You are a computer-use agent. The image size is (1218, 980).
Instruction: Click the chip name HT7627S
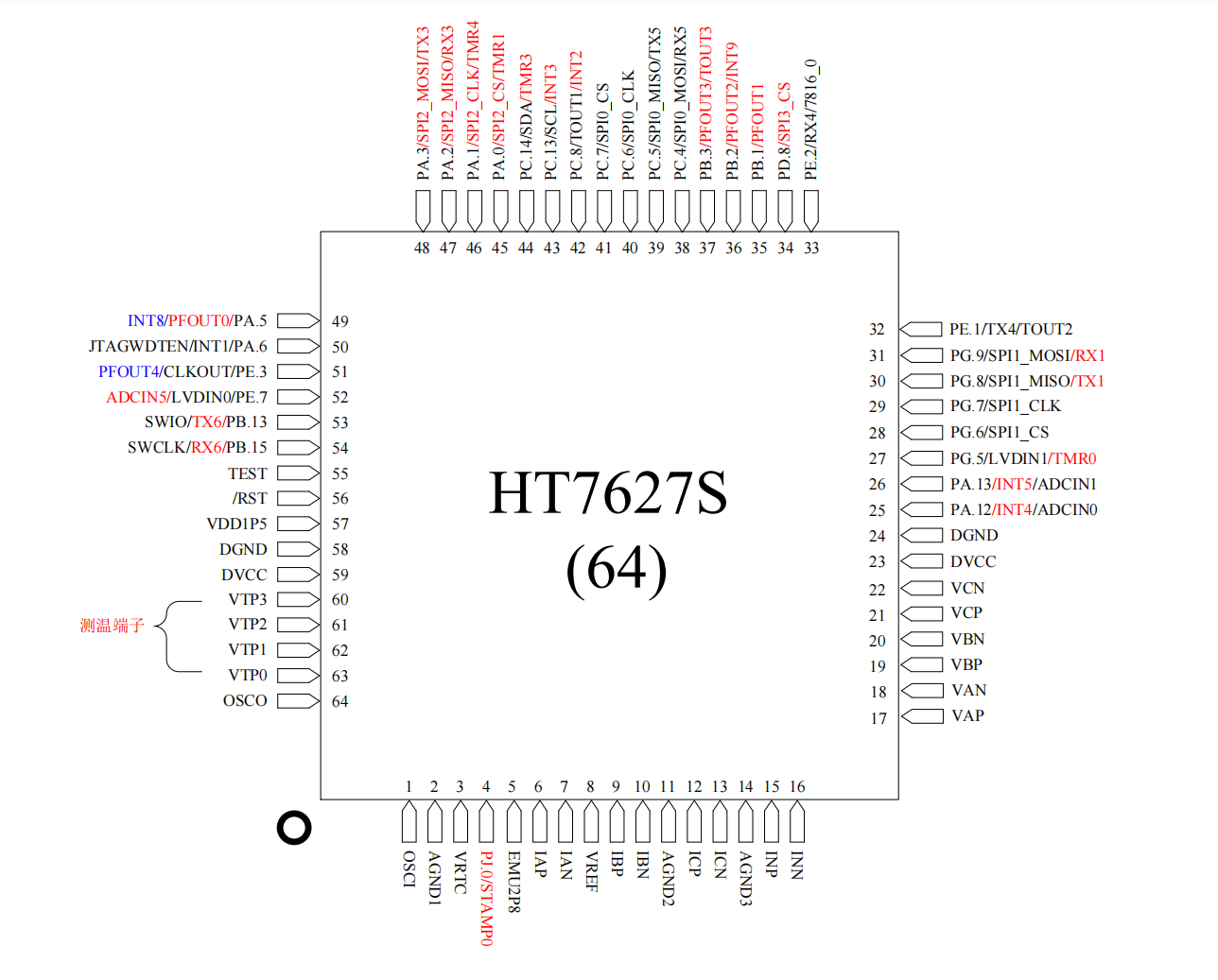608,492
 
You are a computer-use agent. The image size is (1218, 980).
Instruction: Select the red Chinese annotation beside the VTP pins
113,626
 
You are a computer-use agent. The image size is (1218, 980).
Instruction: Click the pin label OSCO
245,700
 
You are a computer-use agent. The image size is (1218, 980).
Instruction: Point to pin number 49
340,321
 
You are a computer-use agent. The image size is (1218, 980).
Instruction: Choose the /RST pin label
250,498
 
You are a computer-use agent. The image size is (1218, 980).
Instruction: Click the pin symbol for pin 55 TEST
298,473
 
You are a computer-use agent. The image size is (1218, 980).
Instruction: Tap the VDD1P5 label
236,524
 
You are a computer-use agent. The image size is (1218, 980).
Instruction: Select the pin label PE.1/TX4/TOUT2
1011,329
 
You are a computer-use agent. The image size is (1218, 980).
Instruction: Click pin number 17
879,718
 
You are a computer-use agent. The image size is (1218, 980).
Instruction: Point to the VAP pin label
967,715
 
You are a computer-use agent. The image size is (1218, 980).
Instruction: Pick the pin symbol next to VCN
921,588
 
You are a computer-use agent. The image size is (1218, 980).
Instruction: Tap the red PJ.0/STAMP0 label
486,898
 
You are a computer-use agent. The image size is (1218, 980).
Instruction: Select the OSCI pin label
409,869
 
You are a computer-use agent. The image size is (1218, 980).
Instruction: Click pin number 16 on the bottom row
797,786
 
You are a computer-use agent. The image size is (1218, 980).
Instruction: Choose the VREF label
591,871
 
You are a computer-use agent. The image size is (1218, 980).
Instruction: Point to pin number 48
422,248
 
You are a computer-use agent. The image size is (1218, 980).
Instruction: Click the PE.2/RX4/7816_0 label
811,119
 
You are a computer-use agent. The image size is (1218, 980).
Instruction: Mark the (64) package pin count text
617,571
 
